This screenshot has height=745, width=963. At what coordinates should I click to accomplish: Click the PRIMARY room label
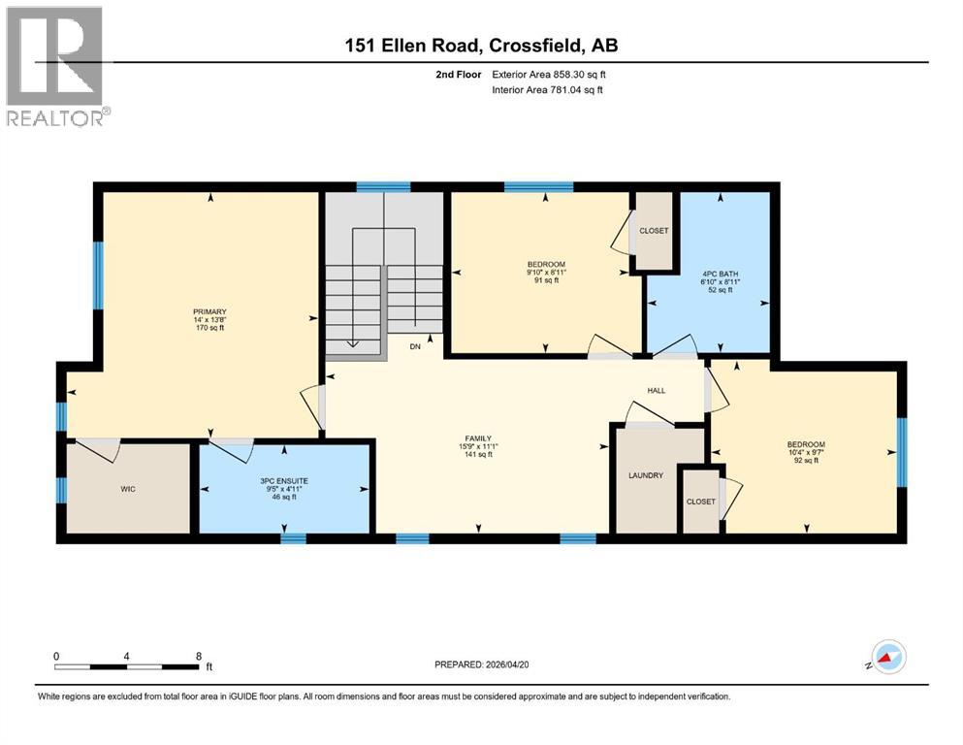[209, 311]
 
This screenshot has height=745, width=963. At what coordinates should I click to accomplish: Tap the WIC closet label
[126, 489]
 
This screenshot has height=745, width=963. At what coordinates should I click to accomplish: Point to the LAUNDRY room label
[645, 475]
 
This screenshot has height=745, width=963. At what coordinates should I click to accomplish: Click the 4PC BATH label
[722, 275]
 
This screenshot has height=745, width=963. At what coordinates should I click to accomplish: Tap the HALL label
[657, 390]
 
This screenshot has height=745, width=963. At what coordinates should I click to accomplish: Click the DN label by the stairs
[415, 345]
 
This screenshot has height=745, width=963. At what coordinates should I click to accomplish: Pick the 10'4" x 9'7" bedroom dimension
[805, 452]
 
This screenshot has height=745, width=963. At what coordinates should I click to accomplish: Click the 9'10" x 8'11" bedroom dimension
[545, 273]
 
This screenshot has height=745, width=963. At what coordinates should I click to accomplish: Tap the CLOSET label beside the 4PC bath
[654, 231]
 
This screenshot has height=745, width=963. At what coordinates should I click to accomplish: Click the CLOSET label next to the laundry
[700, 502]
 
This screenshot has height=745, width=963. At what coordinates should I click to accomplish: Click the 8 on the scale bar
[199, 656]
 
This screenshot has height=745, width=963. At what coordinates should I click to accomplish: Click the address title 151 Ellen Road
[481, 45]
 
